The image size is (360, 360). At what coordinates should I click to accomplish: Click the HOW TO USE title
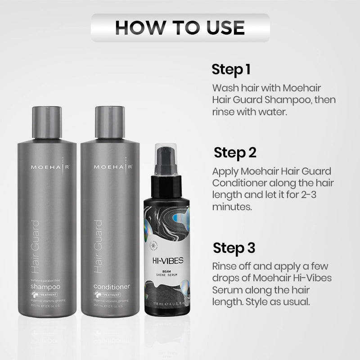point(180,27)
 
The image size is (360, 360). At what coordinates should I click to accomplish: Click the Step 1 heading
point(231,70)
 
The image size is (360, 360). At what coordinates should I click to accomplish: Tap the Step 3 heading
point(234,248)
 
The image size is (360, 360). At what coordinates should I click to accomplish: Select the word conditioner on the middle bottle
point(111,286)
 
